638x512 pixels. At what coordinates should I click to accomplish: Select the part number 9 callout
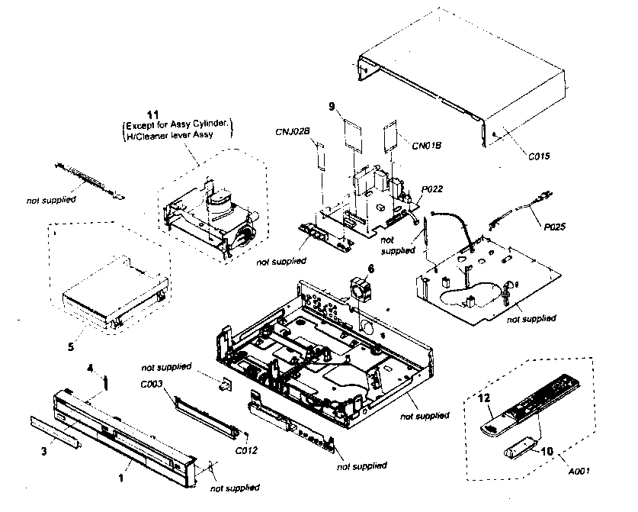[x=332, y=108]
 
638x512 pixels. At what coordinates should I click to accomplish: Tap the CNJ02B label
[x=293, y=131]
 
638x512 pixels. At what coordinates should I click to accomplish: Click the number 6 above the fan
[x=371, y=269]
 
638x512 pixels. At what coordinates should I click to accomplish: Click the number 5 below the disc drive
[x=70, y=346]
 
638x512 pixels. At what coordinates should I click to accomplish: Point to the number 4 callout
[x=90, y=368]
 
